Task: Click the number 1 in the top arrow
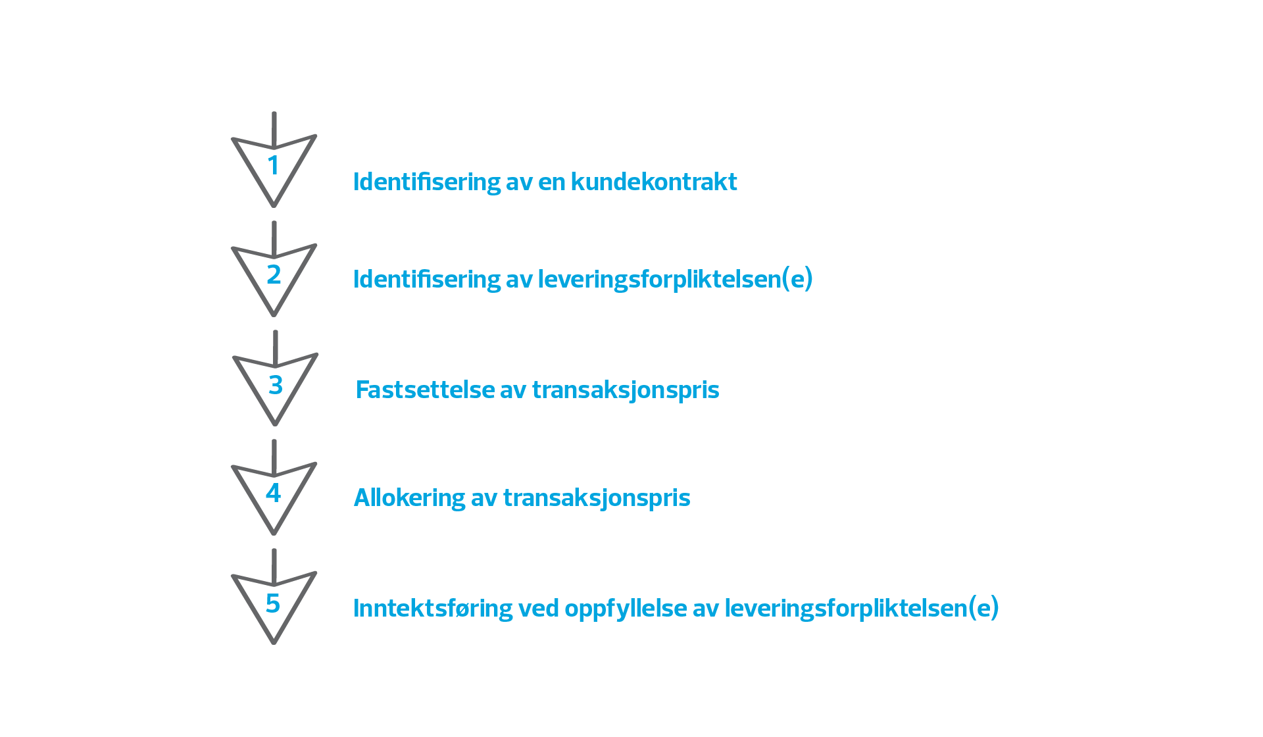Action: click(274, 165)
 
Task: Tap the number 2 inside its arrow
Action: click(274, 274)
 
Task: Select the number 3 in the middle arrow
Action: click(275, 385)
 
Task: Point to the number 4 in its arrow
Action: click(274, 494)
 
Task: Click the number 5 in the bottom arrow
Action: click(273, 603)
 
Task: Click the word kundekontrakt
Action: click(654, 182)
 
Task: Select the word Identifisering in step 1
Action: click(427, 182)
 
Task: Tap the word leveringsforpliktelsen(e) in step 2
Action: click(675, 279)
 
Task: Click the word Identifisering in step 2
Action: click(427, 279)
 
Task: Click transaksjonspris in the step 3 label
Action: click(626, 390)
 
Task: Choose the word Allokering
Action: click(409, 497)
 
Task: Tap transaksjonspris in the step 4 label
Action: click(597, 497)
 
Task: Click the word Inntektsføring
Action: click(433, 608)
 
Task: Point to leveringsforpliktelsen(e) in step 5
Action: click(861, 608)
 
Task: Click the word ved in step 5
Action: click(538, 608)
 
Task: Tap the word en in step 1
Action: click(551, 182)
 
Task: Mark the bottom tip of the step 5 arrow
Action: click(274, 642)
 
